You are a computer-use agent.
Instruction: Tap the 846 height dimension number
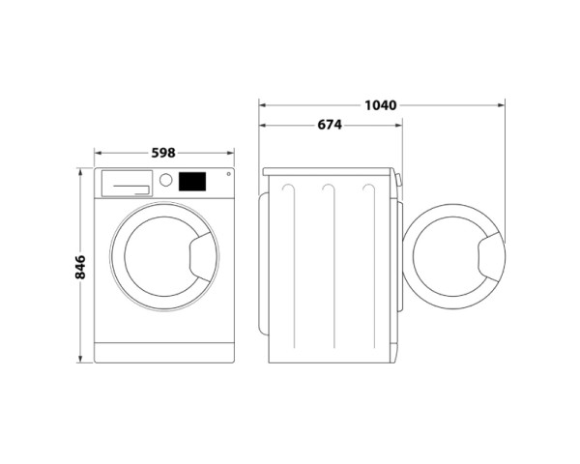[80, 267]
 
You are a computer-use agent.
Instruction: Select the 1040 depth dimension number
[381, 103]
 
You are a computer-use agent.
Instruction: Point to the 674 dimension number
[330, 125]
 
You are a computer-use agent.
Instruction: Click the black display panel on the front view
[192, 181]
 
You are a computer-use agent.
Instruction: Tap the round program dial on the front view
[165, 181]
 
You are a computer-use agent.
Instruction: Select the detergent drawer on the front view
[127, 182]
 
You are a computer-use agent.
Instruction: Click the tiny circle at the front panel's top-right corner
[228, 175]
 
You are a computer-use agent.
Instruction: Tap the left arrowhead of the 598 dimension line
[98, 152]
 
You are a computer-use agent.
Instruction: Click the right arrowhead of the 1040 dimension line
[503, 103]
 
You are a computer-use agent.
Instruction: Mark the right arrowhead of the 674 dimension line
[399, 125]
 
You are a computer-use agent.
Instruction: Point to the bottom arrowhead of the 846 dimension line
[80, 359]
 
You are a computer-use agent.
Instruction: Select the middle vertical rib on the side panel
[330, 261]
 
